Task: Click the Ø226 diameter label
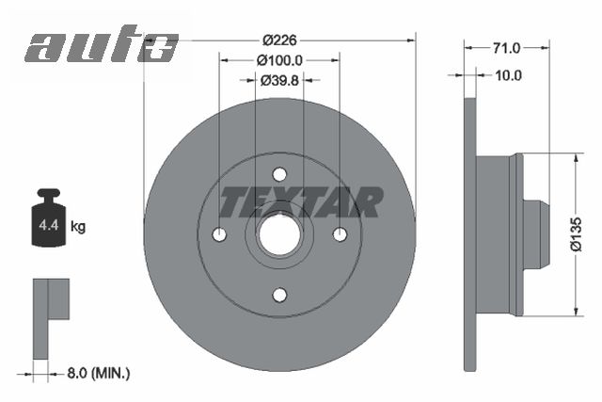(x=279, y=40)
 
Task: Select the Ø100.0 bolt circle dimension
(x=279, y=59)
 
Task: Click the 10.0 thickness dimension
(x=508, y=75)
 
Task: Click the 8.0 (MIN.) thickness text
(x=99, y=374)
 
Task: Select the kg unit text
(x=79, y=226)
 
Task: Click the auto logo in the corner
(x=101, y=45)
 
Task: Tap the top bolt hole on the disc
(x=279, y=174)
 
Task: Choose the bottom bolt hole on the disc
(x=279, y=295)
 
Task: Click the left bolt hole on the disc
(x=219, y=234)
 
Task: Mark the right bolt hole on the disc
(x=340, y=234)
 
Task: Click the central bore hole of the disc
(x=279, y=234)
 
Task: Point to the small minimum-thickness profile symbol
(x=47, y=315)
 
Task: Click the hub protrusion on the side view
(x=533, y=234)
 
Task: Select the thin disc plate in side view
(x=470, y=234)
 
